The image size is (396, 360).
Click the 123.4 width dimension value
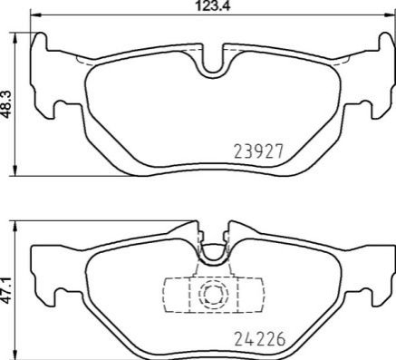point(213,5)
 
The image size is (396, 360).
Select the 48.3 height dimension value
point(6,103)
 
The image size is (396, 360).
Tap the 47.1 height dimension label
point(6,290)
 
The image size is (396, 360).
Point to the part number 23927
point(259,151)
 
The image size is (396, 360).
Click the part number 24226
point(260,339)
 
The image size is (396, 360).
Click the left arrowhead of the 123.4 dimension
point(34,14)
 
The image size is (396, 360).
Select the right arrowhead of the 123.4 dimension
point(391,14)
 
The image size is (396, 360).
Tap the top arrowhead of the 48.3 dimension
point(14,37)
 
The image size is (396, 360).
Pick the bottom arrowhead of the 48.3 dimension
point(14,170)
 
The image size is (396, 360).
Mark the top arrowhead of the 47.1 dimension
point(14,226)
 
